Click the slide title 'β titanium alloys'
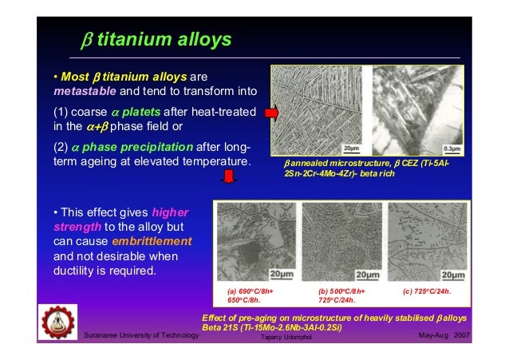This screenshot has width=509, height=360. tap(157, 38)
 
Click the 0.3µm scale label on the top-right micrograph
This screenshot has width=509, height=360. tap(454, 148)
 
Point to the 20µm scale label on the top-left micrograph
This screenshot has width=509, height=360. tap(350, 148)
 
